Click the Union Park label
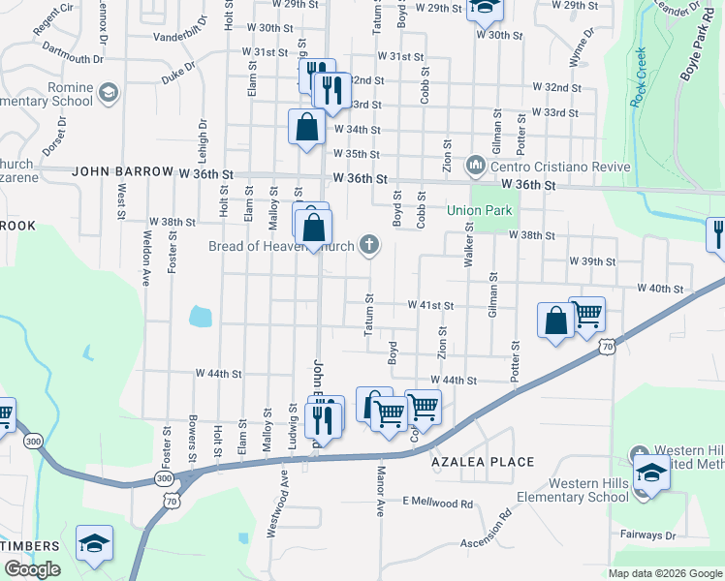click(x=478, y=210)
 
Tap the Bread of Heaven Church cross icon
click(x=368, y=244)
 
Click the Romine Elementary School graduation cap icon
click(x=108, y=92)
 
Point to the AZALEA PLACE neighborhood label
click(x=483, y=462)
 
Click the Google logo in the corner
click(x=32, y=569)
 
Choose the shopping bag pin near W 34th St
click(x=306, y=128)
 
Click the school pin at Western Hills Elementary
click(x=652, y=475)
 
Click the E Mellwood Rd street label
click(x=439, y=503)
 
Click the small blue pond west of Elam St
click(x=200, y=315)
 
